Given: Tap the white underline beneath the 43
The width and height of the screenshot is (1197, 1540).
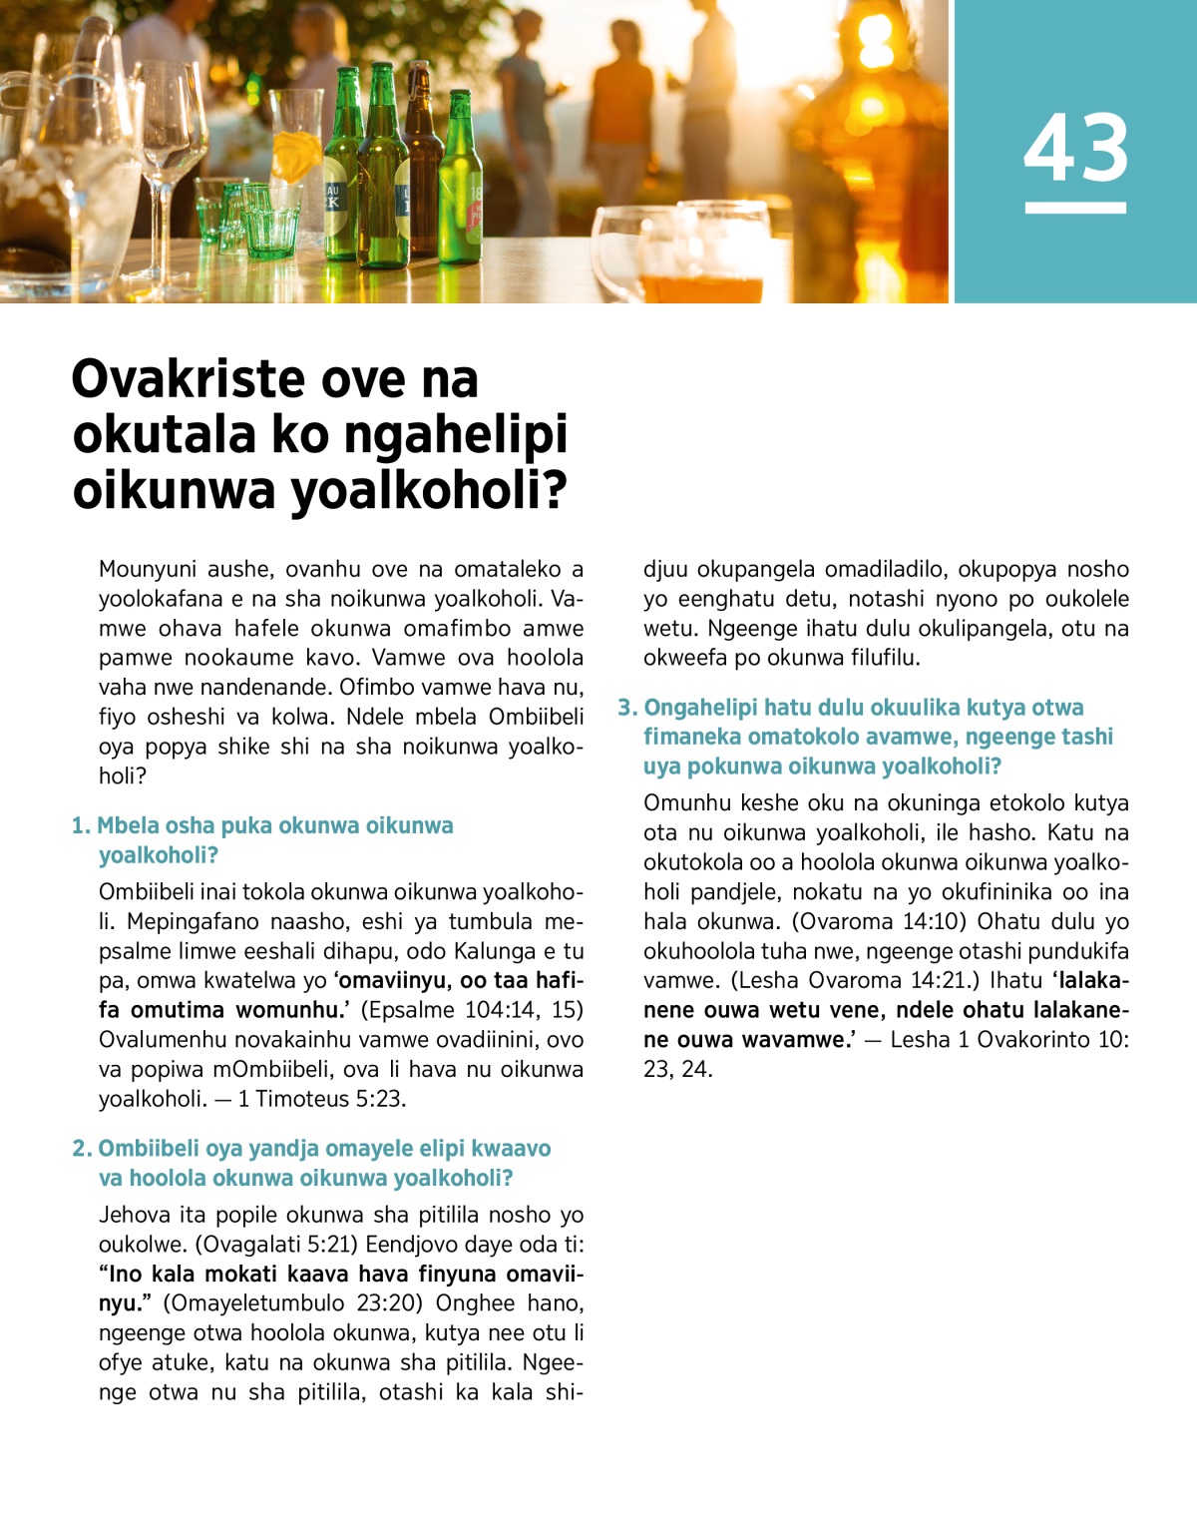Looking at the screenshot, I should coord(1075,208).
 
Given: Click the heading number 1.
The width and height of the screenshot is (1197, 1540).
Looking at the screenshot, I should coord(80,826).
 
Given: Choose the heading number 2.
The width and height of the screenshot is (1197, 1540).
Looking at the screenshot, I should coord(81,1149).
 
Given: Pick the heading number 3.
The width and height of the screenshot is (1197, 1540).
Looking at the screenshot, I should coord(626,708).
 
